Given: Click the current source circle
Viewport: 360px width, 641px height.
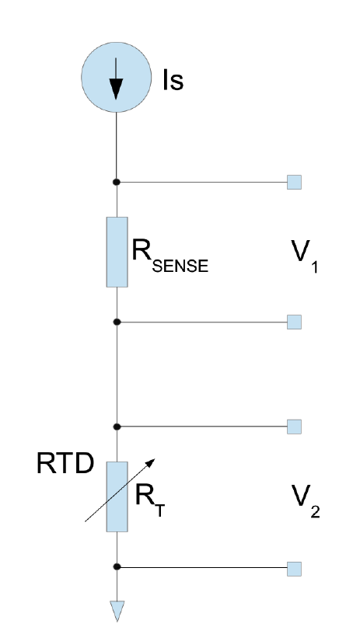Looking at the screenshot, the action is click(116, 77).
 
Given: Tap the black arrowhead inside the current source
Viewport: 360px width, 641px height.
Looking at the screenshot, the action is click(116, 89).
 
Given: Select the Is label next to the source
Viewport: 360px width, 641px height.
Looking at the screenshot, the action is click(173, 80).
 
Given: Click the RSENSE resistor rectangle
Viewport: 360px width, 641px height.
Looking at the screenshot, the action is click(117, 252).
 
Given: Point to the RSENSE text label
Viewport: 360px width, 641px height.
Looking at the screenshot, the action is click(170, 255).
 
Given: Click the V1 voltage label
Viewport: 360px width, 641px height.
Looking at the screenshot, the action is click(304, 256).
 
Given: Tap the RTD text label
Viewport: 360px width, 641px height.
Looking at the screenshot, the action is click(65, 464).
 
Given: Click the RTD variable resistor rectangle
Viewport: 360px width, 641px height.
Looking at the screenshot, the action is click(117, 496).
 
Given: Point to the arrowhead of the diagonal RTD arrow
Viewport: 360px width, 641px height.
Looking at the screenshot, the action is click(151, 462).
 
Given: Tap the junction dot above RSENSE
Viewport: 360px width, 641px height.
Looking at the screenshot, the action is click(117, 182).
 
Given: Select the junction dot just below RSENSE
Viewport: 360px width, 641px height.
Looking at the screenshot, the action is click(117, 322).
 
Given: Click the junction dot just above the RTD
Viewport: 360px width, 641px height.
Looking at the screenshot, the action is click(117, 427).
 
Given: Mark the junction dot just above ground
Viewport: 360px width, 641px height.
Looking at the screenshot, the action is click(117, 566).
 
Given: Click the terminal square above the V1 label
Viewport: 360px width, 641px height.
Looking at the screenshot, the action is click(294, 182).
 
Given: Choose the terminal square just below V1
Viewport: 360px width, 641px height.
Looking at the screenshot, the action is click(294, 322).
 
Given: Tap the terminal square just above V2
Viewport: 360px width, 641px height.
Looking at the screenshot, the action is click(294, 427).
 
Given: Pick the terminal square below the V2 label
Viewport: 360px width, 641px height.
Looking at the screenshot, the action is click(294, 569).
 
